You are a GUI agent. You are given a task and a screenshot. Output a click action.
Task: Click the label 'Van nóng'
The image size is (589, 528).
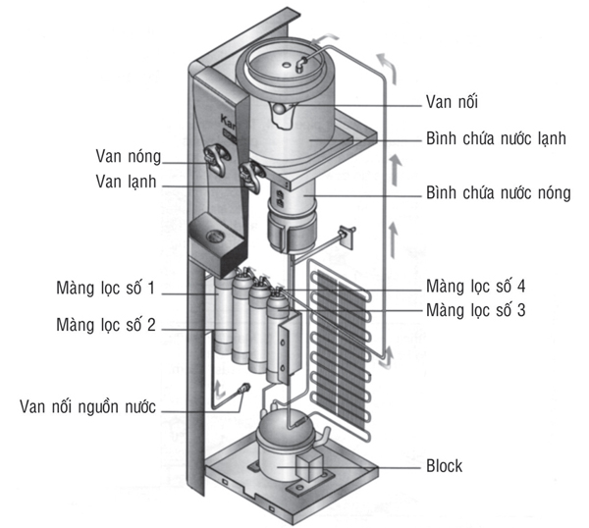tap(131, 157)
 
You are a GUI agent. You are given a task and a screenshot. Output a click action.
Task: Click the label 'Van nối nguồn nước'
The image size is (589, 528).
tap(88, 406)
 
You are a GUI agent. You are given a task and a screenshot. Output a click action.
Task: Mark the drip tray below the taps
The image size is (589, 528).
tap(211, 236)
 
